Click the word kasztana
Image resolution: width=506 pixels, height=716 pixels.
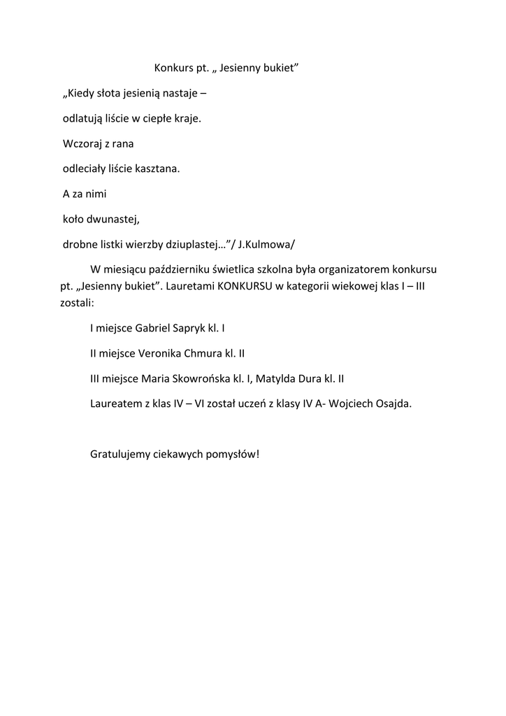pyautogui.click(x=158, y=169)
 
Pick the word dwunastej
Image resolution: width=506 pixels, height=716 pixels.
pyautogui.click(x=115, y=219)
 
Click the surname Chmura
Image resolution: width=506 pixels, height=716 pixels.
pyautogui.click(x=203, y=353)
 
